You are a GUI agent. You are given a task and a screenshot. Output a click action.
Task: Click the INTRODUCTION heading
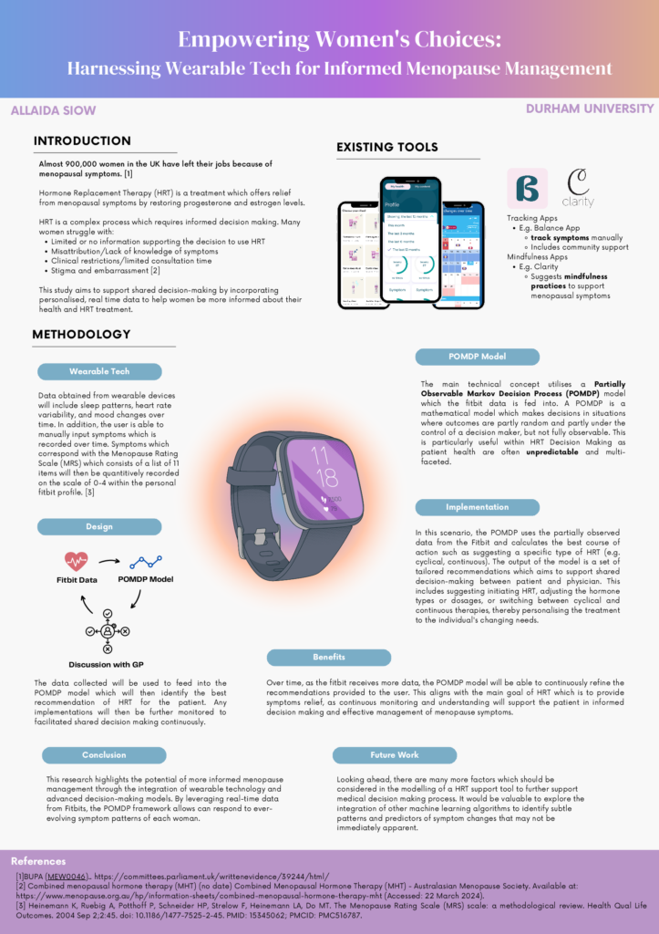82,141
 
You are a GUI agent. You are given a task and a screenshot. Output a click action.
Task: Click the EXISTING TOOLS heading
387,147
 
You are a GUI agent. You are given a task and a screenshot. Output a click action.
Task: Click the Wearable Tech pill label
99,371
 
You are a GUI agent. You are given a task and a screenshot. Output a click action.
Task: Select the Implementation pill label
477,507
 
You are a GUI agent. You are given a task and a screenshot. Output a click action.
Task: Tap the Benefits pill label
328,657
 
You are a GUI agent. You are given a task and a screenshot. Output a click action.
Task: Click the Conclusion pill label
104,754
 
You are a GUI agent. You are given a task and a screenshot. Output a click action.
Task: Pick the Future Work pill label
394,754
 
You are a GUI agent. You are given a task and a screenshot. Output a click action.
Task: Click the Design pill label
99,526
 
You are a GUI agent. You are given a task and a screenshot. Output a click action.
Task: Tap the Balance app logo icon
527,189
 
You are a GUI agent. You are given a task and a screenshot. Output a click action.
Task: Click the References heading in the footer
38,861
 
